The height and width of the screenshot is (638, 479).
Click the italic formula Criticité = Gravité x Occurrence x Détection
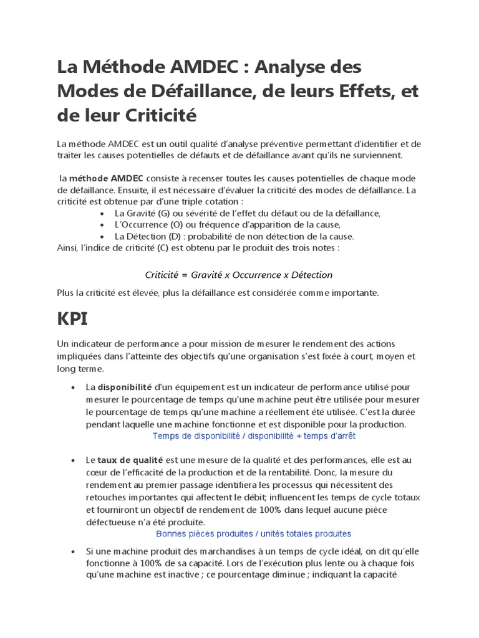(x=239, y=275)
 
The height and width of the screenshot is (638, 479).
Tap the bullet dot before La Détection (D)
(x=102, y=237)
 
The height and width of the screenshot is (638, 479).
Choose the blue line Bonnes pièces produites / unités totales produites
(x=253, y=534)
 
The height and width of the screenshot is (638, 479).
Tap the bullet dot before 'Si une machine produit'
(x=73, y=551)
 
